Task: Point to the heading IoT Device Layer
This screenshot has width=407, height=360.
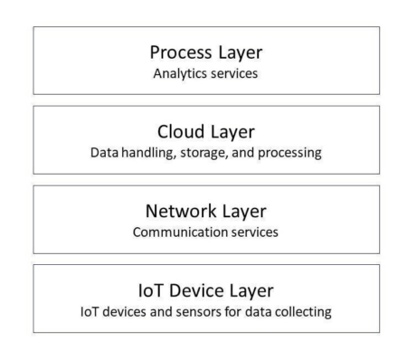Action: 206,290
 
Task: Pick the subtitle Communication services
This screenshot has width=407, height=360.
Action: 206,232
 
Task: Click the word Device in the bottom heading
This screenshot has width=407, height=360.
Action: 199,290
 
